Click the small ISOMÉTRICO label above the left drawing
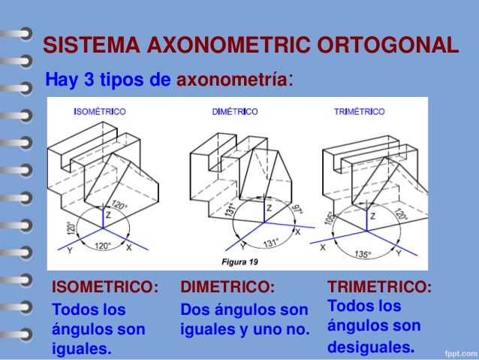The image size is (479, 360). coord(100,111)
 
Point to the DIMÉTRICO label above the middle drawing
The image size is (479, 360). coord(235,111)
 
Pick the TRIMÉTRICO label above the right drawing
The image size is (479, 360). coord(360,111)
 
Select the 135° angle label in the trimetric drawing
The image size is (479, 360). coord(363,254)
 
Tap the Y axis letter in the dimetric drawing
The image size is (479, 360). coord(243,246)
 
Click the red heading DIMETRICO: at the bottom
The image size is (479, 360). coord(227,287)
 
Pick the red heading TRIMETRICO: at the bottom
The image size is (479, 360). coord(379,287)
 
